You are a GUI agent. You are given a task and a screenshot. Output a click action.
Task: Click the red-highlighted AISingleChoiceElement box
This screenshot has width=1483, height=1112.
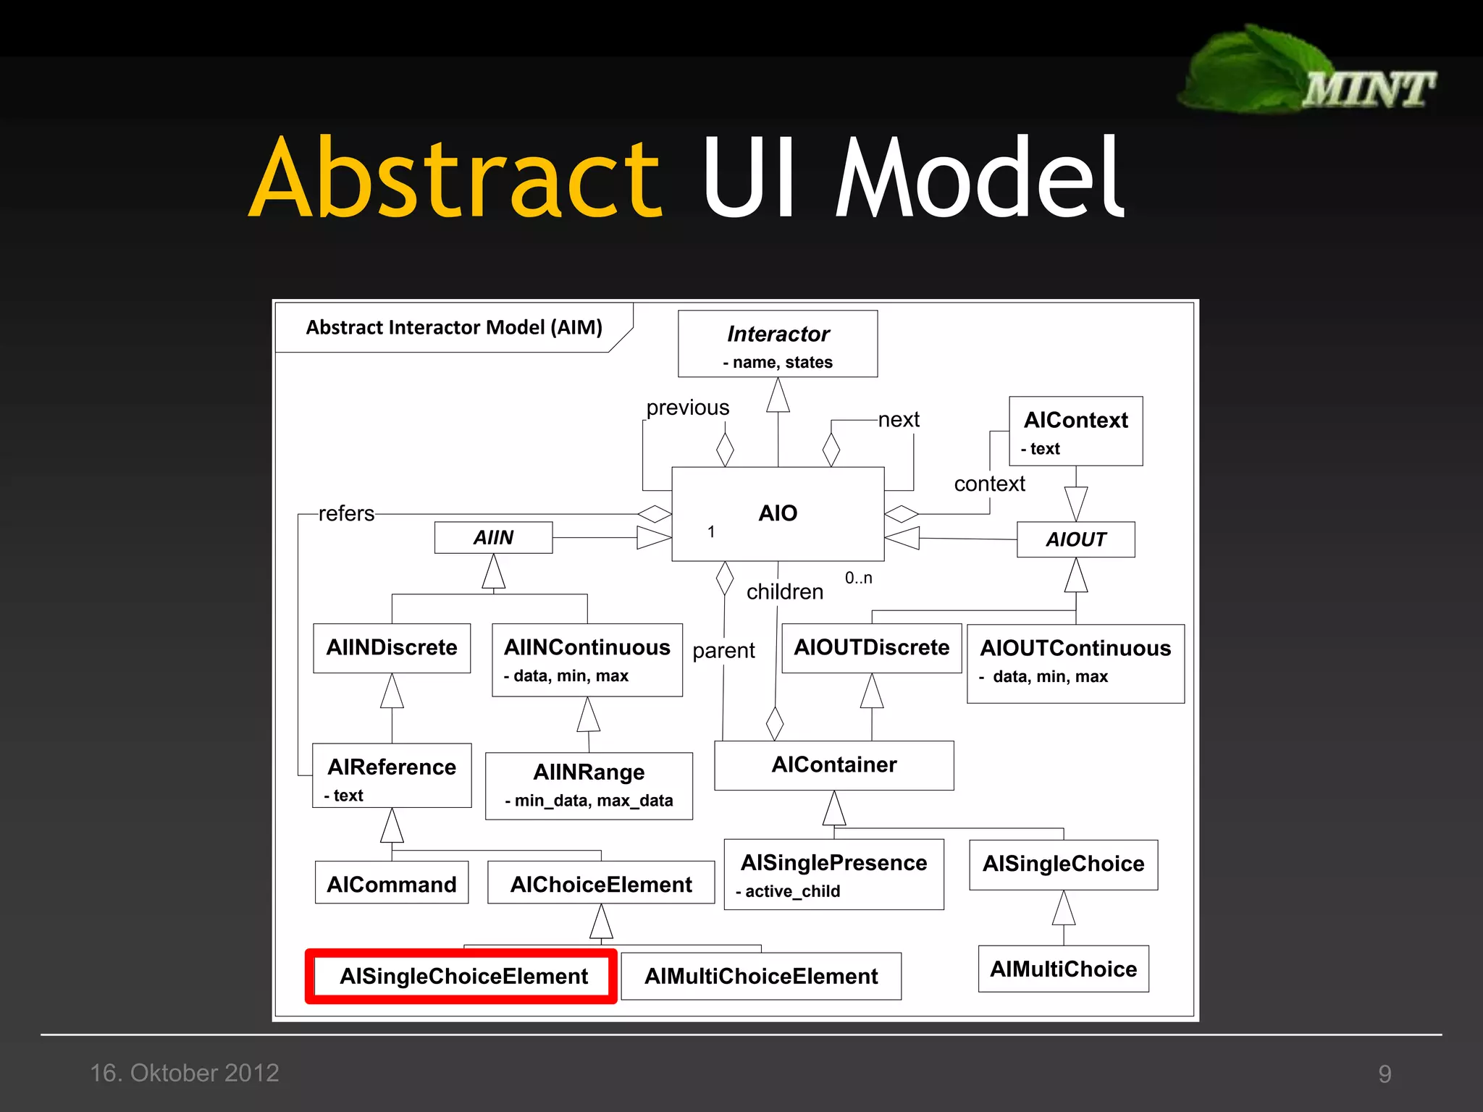(x=462, y=976)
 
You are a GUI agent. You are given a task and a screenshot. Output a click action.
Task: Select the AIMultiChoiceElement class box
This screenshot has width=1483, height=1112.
(x=761, y=976)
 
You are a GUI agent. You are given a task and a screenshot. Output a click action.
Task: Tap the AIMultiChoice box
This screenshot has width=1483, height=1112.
(x=1063, y=969)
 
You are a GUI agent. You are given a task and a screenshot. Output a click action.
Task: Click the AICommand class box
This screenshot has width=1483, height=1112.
(x=392, y=883)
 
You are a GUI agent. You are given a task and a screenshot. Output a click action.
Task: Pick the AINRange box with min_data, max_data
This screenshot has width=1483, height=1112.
(x=589, y=785)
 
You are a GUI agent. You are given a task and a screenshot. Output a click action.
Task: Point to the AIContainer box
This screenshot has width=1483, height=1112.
(x=833, y=764)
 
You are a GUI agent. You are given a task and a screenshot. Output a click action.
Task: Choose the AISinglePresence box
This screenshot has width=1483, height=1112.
(x=833, y=874)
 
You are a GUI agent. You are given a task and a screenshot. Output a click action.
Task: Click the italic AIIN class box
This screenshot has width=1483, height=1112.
(x=493, y=538)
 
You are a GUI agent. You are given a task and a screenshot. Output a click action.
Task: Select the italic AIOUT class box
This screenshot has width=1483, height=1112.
(x=1075, y=539)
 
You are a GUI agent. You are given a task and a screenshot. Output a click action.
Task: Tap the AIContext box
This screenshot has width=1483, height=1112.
(x=1075, y=431)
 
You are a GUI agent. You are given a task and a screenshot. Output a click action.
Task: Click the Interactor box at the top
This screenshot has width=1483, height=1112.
(x=778, y=344)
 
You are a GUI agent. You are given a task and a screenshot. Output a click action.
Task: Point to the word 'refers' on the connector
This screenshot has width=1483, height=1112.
(x=346, y=513)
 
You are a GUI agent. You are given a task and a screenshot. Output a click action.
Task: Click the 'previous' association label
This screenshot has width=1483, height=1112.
(x=687, y=408)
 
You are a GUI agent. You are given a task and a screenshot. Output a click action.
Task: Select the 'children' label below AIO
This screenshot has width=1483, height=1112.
(x=785, y=591)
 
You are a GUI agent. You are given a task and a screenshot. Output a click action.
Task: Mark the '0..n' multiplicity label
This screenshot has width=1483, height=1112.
(x=858, y=578)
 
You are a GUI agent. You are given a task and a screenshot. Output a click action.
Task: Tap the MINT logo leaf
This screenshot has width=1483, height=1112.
(x=1253, y=69)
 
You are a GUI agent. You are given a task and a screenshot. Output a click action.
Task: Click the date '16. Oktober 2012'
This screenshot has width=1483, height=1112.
(x=185, y=1072)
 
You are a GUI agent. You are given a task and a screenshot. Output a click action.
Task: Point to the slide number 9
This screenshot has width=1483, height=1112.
(x=1385, y=1074)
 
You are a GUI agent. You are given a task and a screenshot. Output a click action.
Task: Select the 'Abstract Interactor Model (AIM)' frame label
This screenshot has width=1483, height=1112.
(x=454, y=327)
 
